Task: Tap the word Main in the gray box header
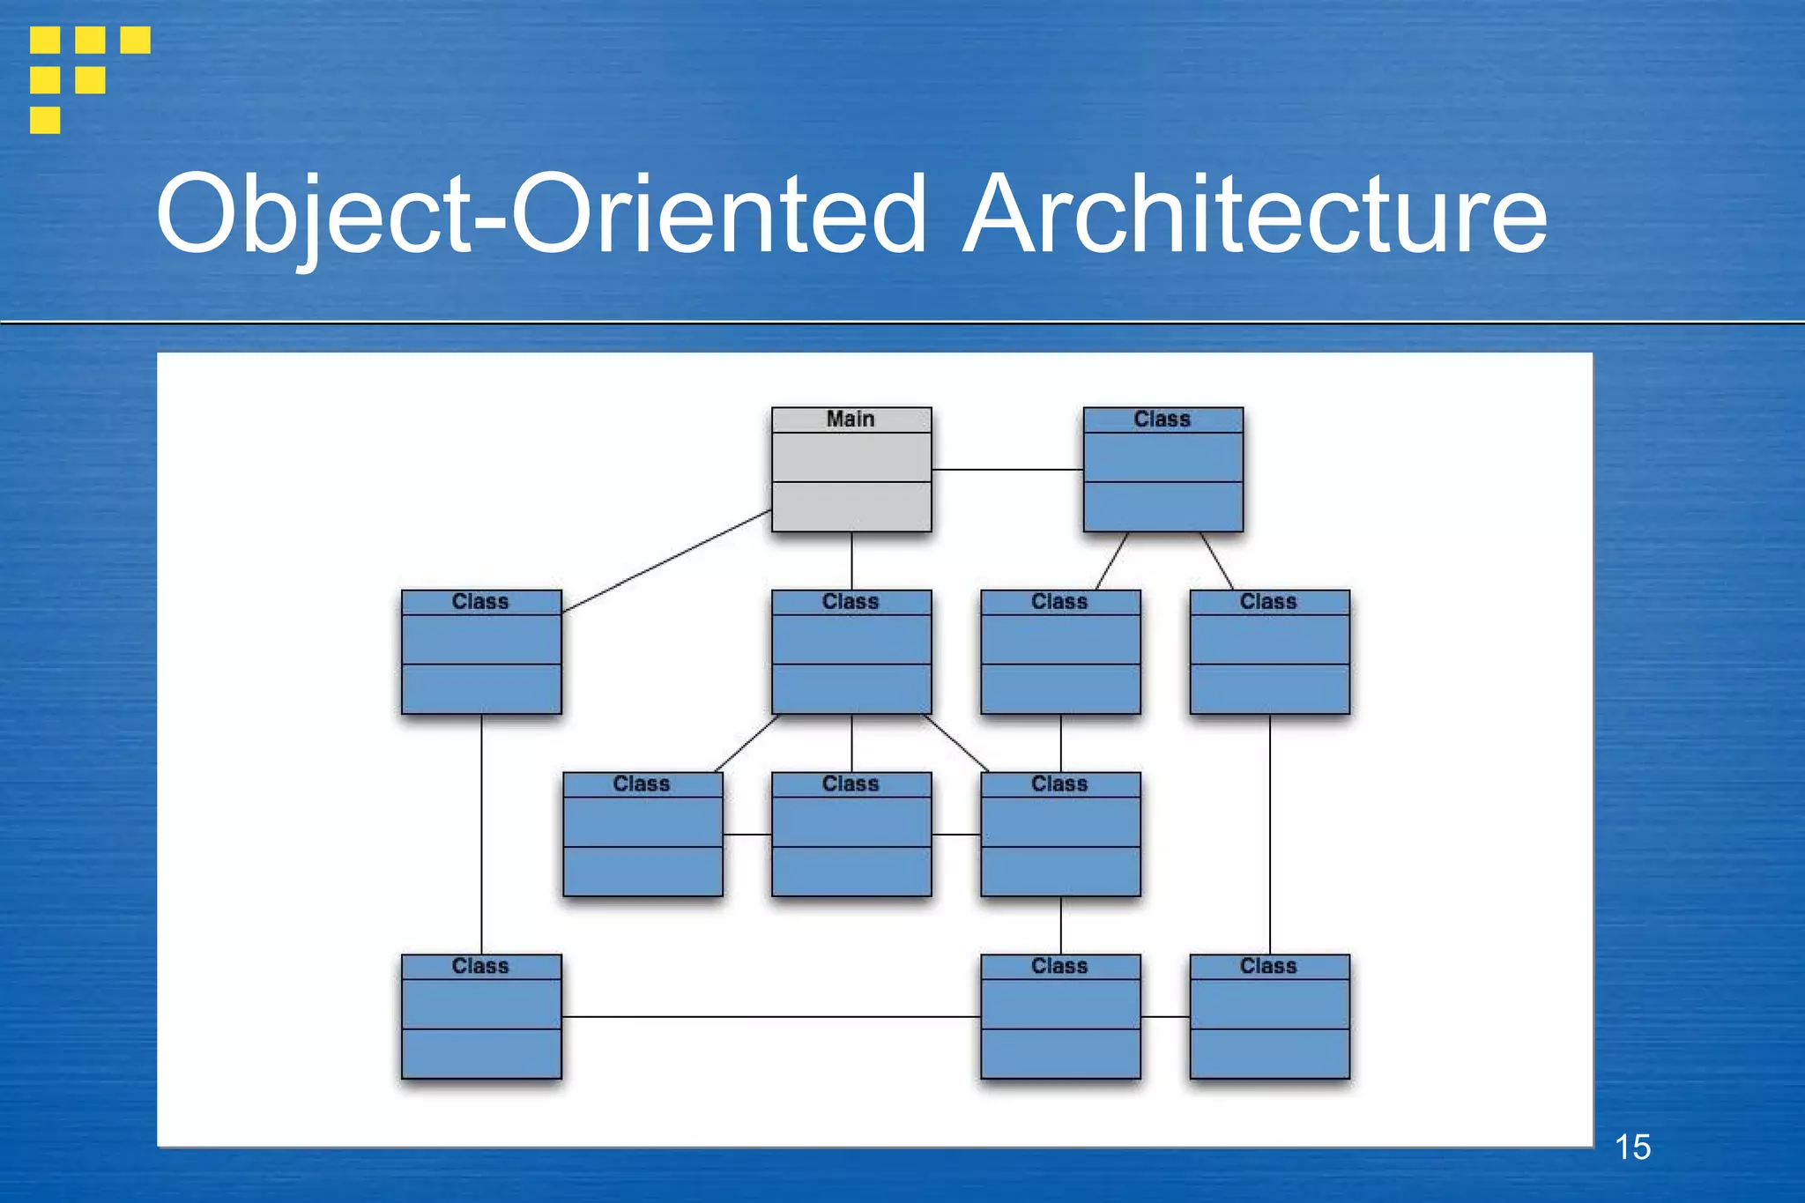coord(851,420)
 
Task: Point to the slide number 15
coord(1632,1147)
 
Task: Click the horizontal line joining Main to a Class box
coord(1006,470)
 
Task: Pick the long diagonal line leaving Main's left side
coord(666,561)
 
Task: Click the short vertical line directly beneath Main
coord(851,561)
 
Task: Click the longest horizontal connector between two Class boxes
coord(770,1017)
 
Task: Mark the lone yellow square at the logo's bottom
coord(45,120)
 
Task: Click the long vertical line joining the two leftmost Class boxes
coord(481,834)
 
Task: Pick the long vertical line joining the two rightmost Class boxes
coord(1270,834)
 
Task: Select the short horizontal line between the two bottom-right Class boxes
coord(1165,1017)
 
